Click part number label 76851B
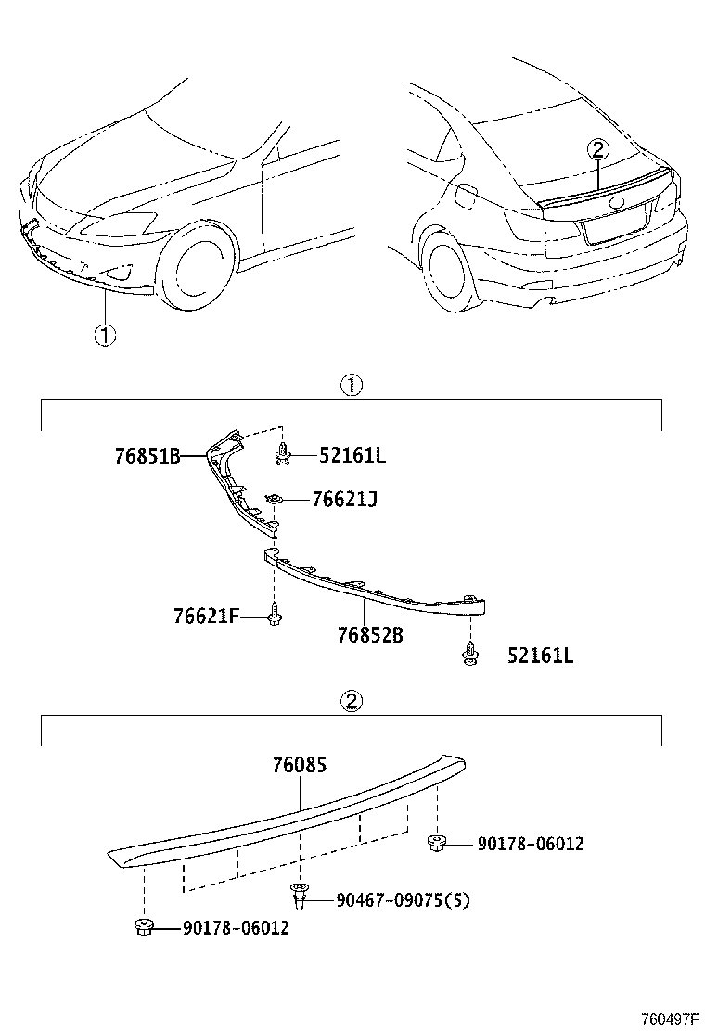(147, 456)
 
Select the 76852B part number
(369, 636)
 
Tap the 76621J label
(344, 500)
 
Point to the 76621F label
(206, 615)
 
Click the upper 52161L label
(352, 455)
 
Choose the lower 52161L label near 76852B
(540, 656)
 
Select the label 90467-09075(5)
(403, 899)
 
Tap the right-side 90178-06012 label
(531, 844)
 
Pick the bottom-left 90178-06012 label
(236, 927)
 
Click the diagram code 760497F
(666, 1019)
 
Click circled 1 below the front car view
(105, 336)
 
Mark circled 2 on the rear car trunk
(598, 149)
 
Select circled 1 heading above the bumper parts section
(352, 385)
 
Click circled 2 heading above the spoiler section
(352, 701)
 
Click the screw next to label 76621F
(275, 615)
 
